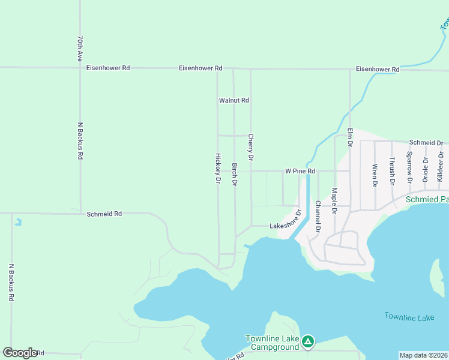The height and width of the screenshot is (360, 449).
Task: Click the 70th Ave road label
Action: (x=79, y=48)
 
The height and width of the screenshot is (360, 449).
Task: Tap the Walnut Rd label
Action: (x=234, y=101)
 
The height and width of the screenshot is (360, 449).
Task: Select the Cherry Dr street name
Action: (x=251, y=147)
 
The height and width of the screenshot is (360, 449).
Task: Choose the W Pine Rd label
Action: (x=300, y=171)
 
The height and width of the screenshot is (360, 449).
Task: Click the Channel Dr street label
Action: (x=318, y=220)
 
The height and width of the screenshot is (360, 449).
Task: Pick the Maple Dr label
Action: (x=334, y=201)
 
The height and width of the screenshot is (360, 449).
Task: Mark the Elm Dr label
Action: (x=350, y=137)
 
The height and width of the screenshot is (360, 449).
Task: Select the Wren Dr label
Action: (x=375, y=173)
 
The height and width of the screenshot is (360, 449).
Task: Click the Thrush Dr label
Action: (x=392, y=170)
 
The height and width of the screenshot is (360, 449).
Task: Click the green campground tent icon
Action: (x=307, y=342)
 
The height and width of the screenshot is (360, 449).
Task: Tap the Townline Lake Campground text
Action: (x=272, y=343)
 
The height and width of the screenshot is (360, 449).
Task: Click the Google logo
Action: (x=20, y=353)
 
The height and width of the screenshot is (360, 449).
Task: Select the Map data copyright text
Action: (x=424, y=355)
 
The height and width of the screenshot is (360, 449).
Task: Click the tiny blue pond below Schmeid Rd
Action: (x=19, y=221)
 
